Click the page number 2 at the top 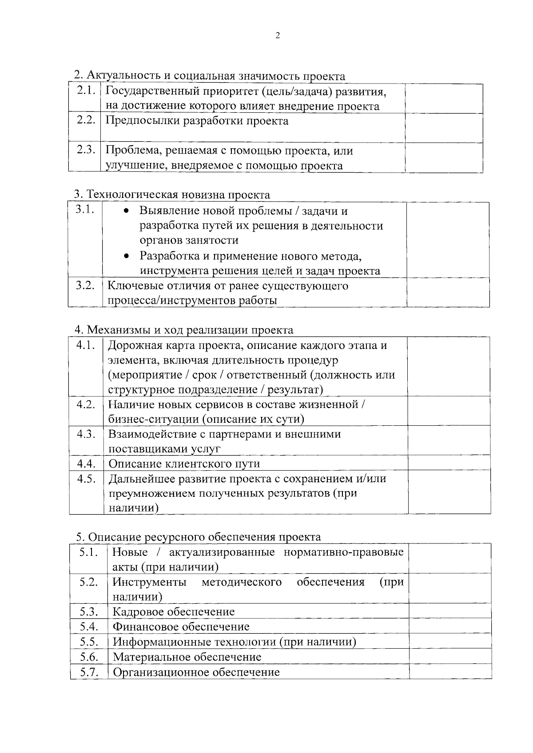pos(278,36)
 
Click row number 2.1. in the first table pos(86,91)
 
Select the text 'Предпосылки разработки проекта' pos(197,121)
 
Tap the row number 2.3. pos(86,150)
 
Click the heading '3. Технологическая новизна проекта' pos(172,194)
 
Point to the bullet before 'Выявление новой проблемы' pos(127,211)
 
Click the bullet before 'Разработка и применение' pos(127,257)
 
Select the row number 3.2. pos(85,285)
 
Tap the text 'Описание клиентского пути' pos(184,464)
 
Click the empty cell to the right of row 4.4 pos(449,464)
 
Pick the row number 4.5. pos(86,479)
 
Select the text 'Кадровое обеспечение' pos(174,612)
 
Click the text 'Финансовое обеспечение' pos(181,627)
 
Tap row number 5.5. pos(89,642)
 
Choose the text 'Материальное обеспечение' pos(187,657)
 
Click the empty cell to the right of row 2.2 pos(444,128)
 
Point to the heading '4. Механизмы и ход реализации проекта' pos(184,330)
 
